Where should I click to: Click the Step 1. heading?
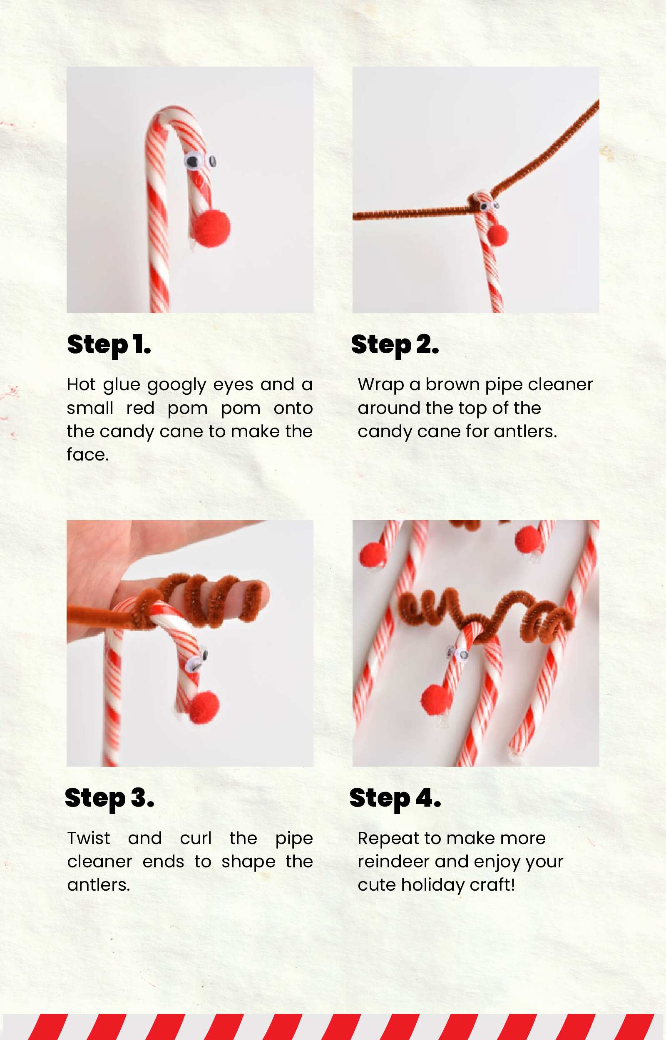(x=109, y=345)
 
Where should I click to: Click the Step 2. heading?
(x=395, y=345)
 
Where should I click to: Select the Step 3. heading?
(x=109, y=798)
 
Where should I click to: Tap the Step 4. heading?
(x=395, y=798)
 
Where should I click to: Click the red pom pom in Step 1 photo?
(x=211, y=228)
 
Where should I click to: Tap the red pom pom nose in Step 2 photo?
(x=497, y=235)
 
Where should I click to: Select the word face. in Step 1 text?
(x=88, y=455)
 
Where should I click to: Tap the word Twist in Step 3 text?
(x=89, y=838)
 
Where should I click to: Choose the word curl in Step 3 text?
(x=196, y=838)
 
